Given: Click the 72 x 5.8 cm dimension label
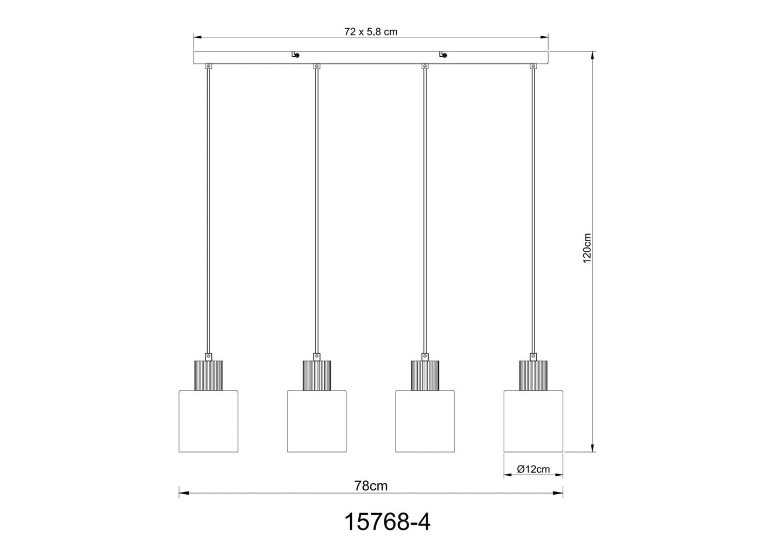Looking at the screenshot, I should click(x=371, y=32).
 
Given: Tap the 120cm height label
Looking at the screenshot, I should click(x=588, y=248).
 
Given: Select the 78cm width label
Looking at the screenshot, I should click(x=371, y=486).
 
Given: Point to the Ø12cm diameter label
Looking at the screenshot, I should click(x=533, y=469).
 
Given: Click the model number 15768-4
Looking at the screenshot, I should click(x=388, y=523).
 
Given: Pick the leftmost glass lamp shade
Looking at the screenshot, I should click(x=208, y=420).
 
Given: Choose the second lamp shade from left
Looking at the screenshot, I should click(x=317, y=420).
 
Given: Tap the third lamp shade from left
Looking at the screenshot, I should click(x=425, y=420).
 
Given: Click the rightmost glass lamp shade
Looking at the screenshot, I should click(x=533, y=420).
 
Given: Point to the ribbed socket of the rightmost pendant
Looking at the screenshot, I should click(x=533, y=374).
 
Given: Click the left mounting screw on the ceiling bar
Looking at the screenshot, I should click(x=295, y=55).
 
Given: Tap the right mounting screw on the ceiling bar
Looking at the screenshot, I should click(x=444, y=55).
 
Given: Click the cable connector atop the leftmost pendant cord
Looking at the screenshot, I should click(x=208, y=66).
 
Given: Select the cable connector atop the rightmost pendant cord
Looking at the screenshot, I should click(x=533, y=66).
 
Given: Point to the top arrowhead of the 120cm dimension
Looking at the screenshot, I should click(x=593, y=55).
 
